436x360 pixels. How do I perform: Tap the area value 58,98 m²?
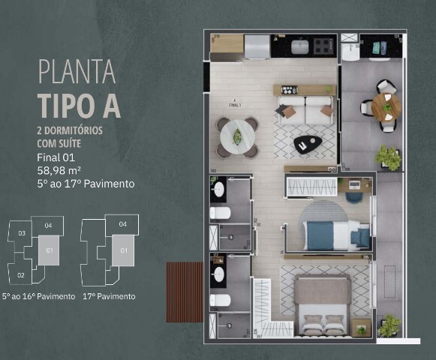pyautogui.click(x=60, y=170)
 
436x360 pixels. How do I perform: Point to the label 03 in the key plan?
pyautogui.click(x=23, y=233)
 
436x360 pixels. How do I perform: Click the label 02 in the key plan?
pyautogui.click(x=21, y=275)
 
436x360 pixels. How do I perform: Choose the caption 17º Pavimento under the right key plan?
pyautogui.click(x=110, y=296)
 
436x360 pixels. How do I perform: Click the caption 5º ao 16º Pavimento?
pyautogui.click(x=38, y=296)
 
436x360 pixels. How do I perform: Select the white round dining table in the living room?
pyautogui.click(x=237, y=137)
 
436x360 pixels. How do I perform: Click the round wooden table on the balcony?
pyautogui.click(x=386, y=106)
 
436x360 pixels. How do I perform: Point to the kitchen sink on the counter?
pyautogui.click(x=299, y=47)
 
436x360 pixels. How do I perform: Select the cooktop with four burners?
pyautogui.click(x=323, y=47)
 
